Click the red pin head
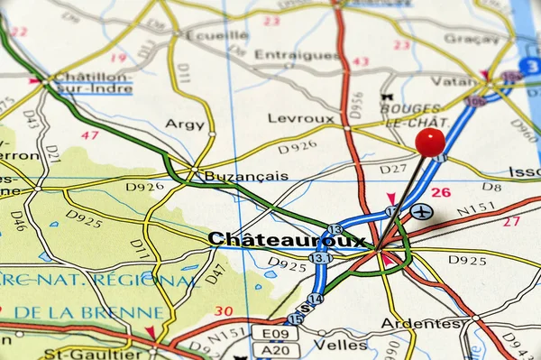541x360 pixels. click(430, 141)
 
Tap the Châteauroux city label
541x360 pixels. click(287, 239)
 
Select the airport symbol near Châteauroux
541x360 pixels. click(421, 212)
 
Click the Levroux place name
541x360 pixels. click(300, 118)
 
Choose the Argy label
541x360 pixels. click(185, 124)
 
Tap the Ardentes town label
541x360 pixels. click(420, 323)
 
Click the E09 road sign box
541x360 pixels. click(274, 333)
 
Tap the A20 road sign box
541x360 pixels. click(274, 350)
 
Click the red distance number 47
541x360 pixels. click(89, 135)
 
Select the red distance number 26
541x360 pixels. click(440, 192)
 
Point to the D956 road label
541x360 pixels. click(357, 106)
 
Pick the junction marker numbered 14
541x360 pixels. click(314, 299)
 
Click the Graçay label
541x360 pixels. click(471, 39)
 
